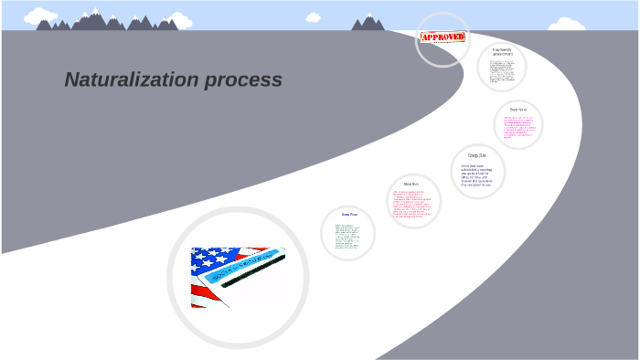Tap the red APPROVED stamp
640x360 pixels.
(443, 37)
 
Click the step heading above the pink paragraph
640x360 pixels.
(518, 110)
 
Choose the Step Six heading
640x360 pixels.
(477, 155)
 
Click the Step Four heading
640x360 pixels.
(349, 215)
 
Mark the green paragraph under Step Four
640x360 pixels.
(348, 237)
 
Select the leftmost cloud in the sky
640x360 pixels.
(40, 16)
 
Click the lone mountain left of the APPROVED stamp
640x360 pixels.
(368, 23)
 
